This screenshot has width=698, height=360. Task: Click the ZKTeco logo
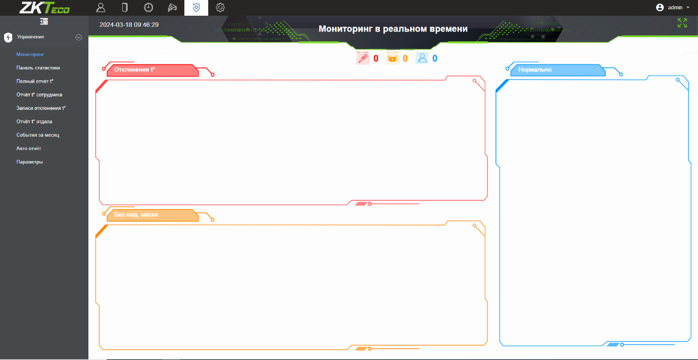point(45,8)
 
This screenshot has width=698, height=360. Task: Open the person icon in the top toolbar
point(101,8)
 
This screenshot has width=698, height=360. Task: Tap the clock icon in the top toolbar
point(148,8)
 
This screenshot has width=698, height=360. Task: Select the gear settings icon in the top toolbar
point(220,8)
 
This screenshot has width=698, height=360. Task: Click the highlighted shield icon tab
point(197,8)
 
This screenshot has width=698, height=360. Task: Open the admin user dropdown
point(673,8)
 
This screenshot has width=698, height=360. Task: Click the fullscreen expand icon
point(682,23)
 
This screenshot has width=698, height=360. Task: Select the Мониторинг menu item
point(30,54)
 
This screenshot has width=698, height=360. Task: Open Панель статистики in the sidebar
point(38,67)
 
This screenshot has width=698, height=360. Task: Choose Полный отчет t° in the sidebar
point(35,81)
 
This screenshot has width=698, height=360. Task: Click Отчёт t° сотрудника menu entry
point(40,94)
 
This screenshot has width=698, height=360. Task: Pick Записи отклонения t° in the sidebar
point(41,108)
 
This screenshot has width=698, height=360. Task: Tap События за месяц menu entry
point(38,135)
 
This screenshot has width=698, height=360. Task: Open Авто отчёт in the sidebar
point(29,148)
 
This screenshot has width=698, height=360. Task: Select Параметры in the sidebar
point(30,162)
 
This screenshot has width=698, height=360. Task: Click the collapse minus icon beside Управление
point(79,37)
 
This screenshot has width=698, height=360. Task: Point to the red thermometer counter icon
point(363,58)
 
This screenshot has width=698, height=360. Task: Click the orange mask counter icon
point(392,58)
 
